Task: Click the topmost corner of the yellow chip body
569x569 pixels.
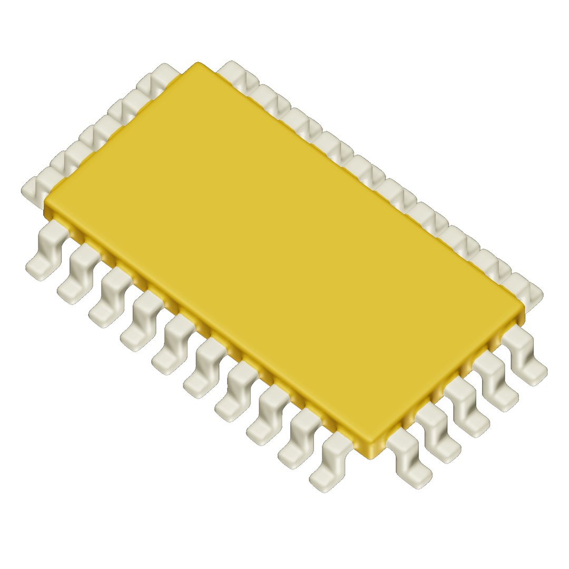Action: pyautogui.click(x=198, y=64)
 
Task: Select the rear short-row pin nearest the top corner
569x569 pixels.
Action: pyautogui.click(x=158, y=76)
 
